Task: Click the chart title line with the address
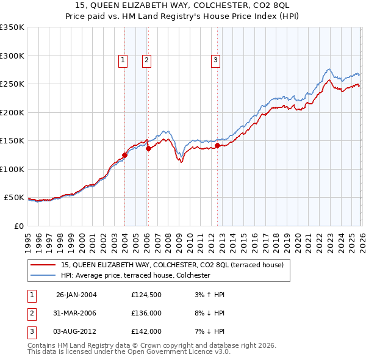click(182, 5)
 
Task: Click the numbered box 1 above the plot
click(123, 60)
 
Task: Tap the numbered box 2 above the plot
click(147, 60)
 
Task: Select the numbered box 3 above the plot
click(216, 60)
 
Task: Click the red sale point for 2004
click(124, 155)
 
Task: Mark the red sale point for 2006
click(148, 148)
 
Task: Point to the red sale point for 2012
click(217, 145)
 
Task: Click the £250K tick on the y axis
click(12, 84)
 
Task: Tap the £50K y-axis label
click(14, 198)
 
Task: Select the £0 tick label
click(18, 226)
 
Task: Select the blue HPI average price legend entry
click(135, 275)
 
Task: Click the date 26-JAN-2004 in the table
click(76, 295)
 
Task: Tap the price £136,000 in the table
click(146, 313)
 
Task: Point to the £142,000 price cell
click(146, 331)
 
